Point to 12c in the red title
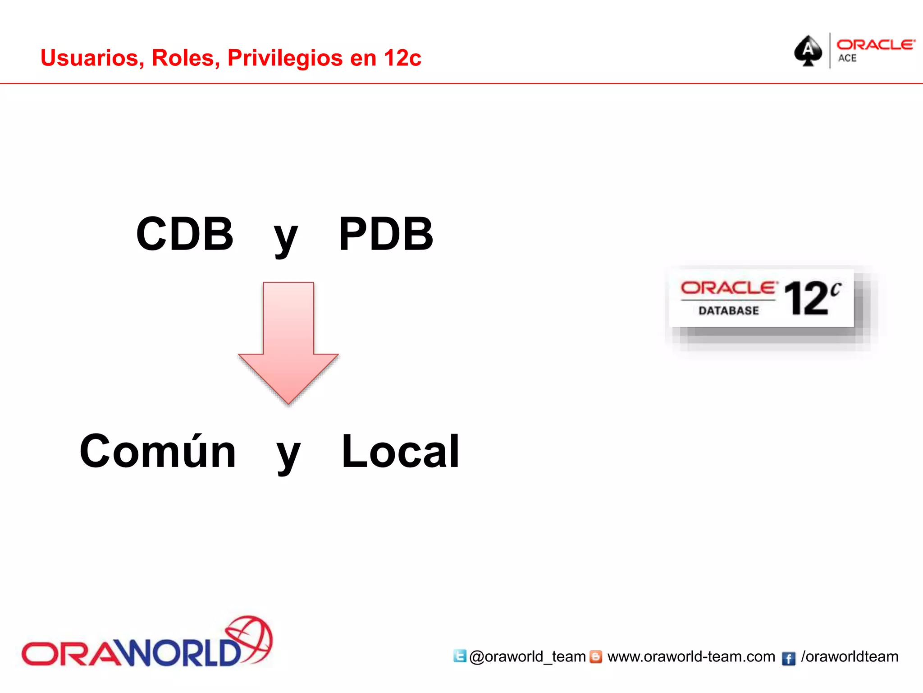coord(402,58)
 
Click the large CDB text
coord(185,234)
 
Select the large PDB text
coord(386,234)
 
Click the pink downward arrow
coord(288,343)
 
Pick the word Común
coord(158,451)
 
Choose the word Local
coord(400,451)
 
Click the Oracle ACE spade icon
coord(808,51)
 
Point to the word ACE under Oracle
coord(847,58)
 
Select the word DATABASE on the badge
coord(729,310)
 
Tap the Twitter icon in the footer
coord(460,656)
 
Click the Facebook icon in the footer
coord(788,658)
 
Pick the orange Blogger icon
coord(596,656)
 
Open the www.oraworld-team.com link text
coord(691,656)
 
